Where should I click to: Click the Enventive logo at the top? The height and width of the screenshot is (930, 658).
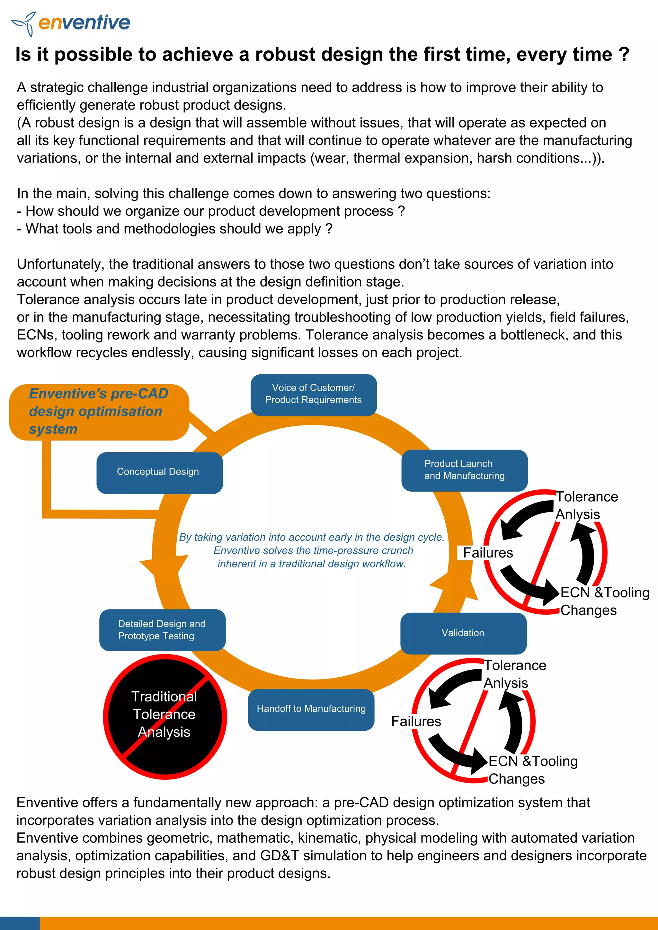pyautogui.click(x=71, y=23)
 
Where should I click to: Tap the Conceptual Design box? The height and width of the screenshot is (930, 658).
pyautogui.click(x=159, y=473)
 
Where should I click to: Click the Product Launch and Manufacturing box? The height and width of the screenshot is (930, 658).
pyautogui.click(x=464, y=470)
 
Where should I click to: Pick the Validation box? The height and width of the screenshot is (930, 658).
pyautogui.click(x=463, y=633)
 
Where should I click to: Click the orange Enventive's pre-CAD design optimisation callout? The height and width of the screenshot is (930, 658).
pyautogui.click(x=99, y=412)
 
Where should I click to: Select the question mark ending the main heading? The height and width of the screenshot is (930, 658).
pyautogui.click(x=624, y=54)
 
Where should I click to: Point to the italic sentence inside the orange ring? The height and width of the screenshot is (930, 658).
pyautogui.click(x=312, y=550)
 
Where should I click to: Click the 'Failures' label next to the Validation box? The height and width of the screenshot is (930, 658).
pyautogui.click(x=416, y=721)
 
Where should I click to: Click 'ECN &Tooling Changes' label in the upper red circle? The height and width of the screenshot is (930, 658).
pyautogui.click(x=604, y=601)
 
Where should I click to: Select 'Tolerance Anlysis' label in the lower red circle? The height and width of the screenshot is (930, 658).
pyautogui.click(x=515, y=674)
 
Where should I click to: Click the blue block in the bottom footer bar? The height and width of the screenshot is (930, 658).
pyautogui.click(x=20, y=923)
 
